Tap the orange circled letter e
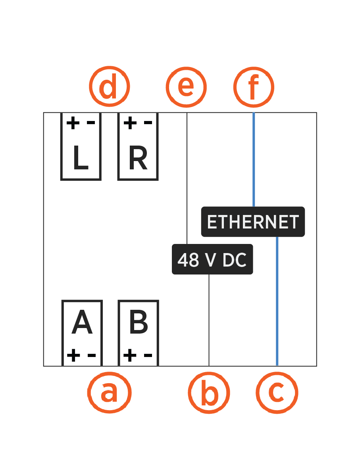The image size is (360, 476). pos(186,87)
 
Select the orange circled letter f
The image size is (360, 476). pos(254,87)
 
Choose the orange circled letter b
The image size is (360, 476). pos(209,392)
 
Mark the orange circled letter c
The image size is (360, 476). pos(277,392)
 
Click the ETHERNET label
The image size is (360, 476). pos(253,222)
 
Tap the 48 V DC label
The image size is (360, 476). pos(212,259)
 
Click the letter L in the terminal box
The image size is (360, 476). pos(81,158)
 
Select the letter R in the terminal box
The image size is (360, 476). pos(138,158)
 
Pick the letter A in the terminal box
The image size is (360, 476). pos(82,323)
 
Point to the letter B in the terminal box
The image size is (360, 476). pos(139,323)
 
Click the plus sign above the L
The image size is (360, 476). pos(73,123)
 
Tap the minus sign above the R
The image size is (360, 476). pos(148,123)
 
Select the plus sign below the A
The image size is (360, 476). pos(73,355)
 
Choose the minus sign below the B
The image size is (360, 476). pos(148,355)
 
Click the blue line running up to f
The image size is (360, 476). pos(254,159)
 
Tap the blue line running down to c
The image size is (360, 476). pos(277,301)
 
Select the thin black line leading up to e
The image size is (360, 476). pos(187,178)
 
